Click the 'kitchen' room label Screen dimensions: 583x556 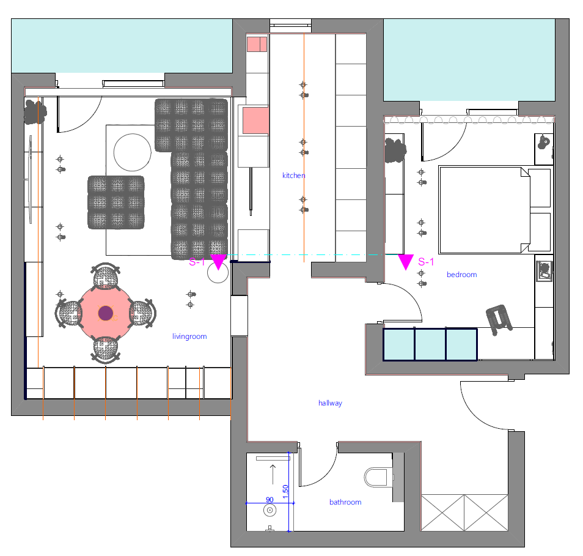tap(294, 176)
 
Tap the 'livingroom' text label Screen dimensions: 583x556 tap(189, 336)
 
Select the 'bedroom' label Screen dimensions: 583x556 tap(462, 275)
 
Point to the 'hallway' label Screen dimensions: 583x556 tap(330, 403)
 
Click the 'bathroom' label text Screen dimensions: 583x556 tap(345, 502)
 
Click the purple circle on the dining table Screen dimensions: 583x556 tap(106, 313)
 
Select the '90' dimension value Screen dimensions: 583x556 tap(269, 500)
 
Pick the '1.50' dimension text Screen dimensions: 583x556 tap(285, 492)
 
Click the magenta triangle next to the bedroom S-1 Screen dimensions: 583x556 tap(406, 261)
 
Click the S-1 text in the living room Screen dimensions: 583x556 tap(197, 262)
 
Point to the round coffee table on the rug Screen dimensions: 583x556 tap(133, 152)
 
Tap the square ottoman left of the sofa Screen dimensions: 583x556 tap(116, 202)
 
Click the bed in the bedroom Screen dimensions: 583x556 tap(494, 210)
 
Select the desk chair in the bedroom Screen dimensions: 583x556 tap(499, 319)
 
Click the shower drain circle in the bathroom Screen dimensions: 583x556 tap(270, 510)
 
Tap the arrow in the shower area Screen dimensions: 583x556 tap(273, 474)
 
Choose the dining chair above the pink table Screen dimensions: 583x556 tap(106, 276)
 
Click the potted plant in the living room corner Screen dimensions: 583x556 tap(35, 111)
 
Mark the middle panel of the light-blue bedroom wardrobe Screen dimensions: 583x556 tap(430, 344)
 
